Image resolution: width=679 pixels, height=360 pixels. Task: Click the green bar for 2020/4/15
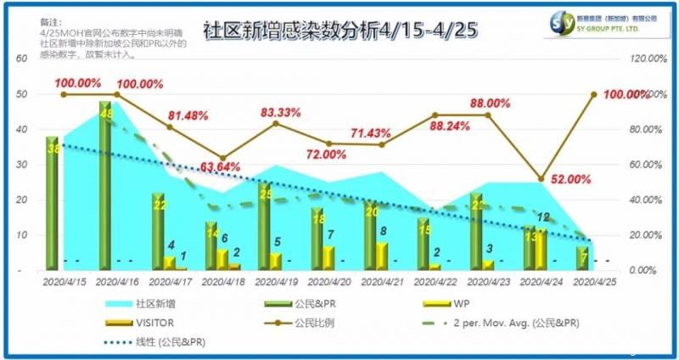point(53,203)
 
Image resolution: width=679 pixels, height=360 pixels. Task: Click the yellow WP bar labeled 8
point(382,256)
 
